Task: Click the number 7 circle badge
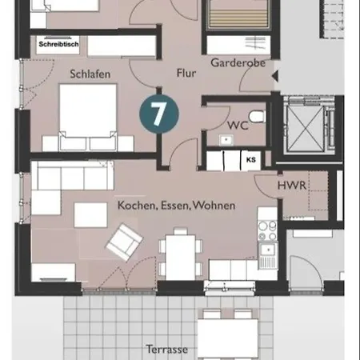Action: pyautogui.click(x=159, y=114)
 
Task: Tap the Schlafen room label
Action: pyautogui.click(x=90, y=74)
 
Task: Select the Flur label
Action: pyautogui.click(x=186, y=73)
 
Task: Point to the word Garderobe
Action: pyautogui.click(x=238, y=63)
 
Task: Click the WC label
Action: pyautogui.click(x=238, y=126)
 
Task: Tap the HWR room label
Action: pyautogui.click(x=292, y=186)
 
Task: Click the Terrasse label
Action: pyautogui.click(x=167, y=350)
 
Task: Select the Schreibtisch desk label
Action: pyautogui.click(x=58, y=44)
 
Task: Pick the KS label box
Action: pyautogui.click(x=250, y=160)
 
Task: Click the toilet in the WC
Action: pyautogui.click(x=257, y=117)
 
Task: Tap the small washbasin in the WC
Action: pyautogui.click(x=226, y=140)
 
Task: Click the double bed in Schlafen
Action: pyautogui.click(x=88, y=118)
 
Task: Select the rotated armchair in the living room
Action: pyautogui.click(x=124, y=242)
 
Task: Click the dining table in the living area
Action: pyautogui.click(x=181, y=257)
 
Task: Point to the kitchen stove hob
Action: pyautogui.click(x=267, y=230)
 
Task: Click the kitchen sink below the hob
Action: pyautogui.click(x=268, y=255)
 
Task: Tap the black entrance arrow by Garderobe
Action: pyautogui.click(x=275, y=76)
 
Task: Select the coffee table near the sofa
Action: pyautogui.click(x=90, y=215)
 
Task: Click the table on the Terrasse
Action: pyautogui.click(x=227, y=338)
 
